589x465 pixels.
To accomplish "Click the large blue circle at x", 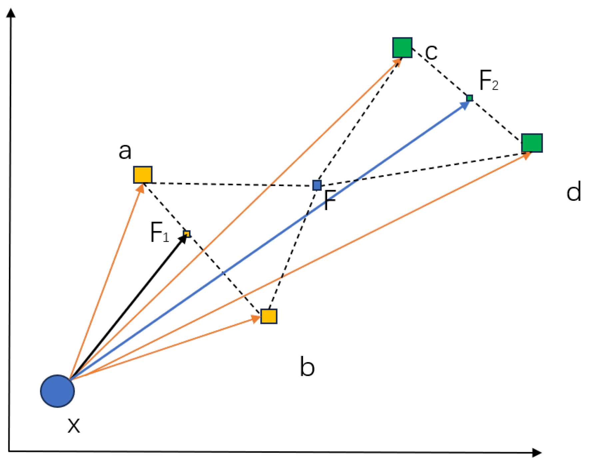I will click(x=57, y=391).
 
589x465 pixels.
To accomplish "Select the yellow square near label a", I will click(x=143, y=175).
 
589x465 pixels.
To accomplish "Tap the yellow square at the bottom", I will click(x=269, y=316).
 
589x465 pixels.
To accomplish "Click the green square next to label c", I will click(x=402, y=48).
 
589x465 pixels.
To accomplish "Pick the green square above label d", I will click(x=532, y=143).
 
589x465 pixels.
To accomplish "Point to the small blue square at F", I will click(x=317, y=185).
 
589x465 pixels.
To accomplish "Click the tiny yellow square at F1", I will click(x=187, y=234).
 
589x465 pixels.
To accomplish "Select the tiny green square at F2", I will click(x=469, y=98).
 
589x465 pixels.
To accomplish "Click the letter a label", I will click(x=125, y=151).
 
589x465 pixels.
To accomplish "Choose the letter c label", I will click(x=431, y=52).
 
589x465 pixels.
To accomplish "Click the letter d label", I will click(x=574, y=191).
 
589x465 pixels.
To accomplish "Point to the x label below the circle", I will click(x=74, y=425).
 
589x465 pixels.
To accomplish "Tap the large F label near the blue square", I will click(x=330, y=200).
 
